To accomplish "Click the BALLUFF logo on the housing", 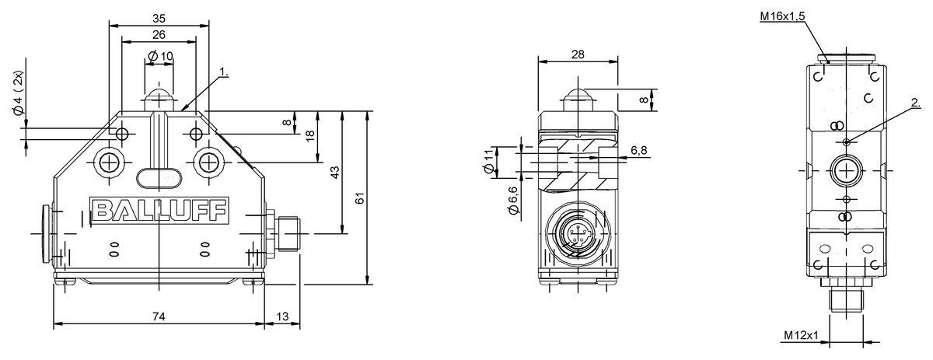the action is tap(159, 211).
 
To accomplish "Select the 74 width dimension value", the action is tap(159, 316).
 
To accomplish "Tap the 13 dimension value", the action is tap(282, 316).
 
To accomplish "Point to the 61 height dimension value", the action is tap(359, 198).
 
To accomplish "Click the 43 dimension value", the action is tap(335, 172).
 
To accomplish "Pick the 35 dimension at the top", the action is tap(159, 19).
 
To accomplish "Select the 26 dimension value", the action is tap(159, 34).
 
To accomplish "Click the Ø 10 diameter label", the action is tap(160, 56).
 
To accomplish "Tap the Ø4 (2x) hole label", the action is tap(19, 93).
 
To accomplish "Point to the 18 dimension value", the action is tap(310, 136).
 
